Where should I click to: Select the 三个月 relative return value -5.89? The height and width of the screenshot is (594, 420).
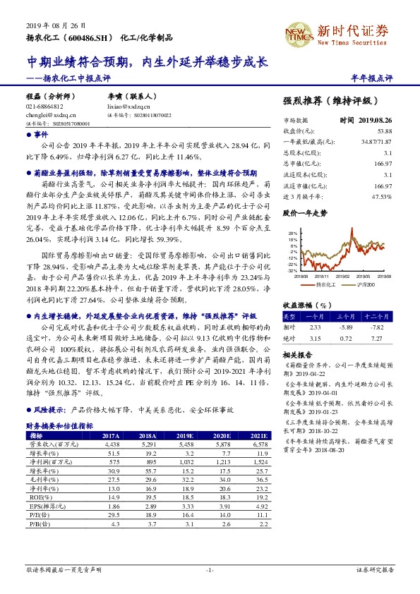click(343, 327)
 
